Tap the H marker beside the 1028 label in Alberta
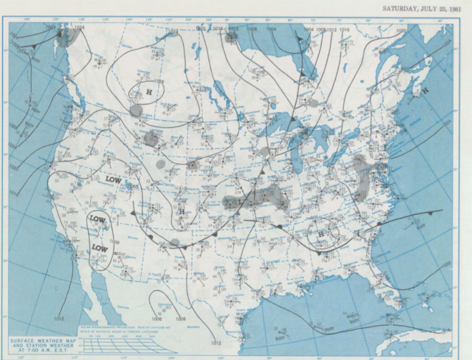pos(148,92)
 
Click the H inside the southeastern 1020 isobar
pos(320,234)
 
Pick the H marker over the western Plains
pos(182,211)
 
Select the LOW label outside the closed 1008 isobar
pos(113,179)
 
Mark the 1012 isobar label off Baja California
pos(59,318)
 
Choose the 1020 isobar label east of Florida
pos(445,264)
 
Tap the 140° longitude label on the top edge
pos(27,20)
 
